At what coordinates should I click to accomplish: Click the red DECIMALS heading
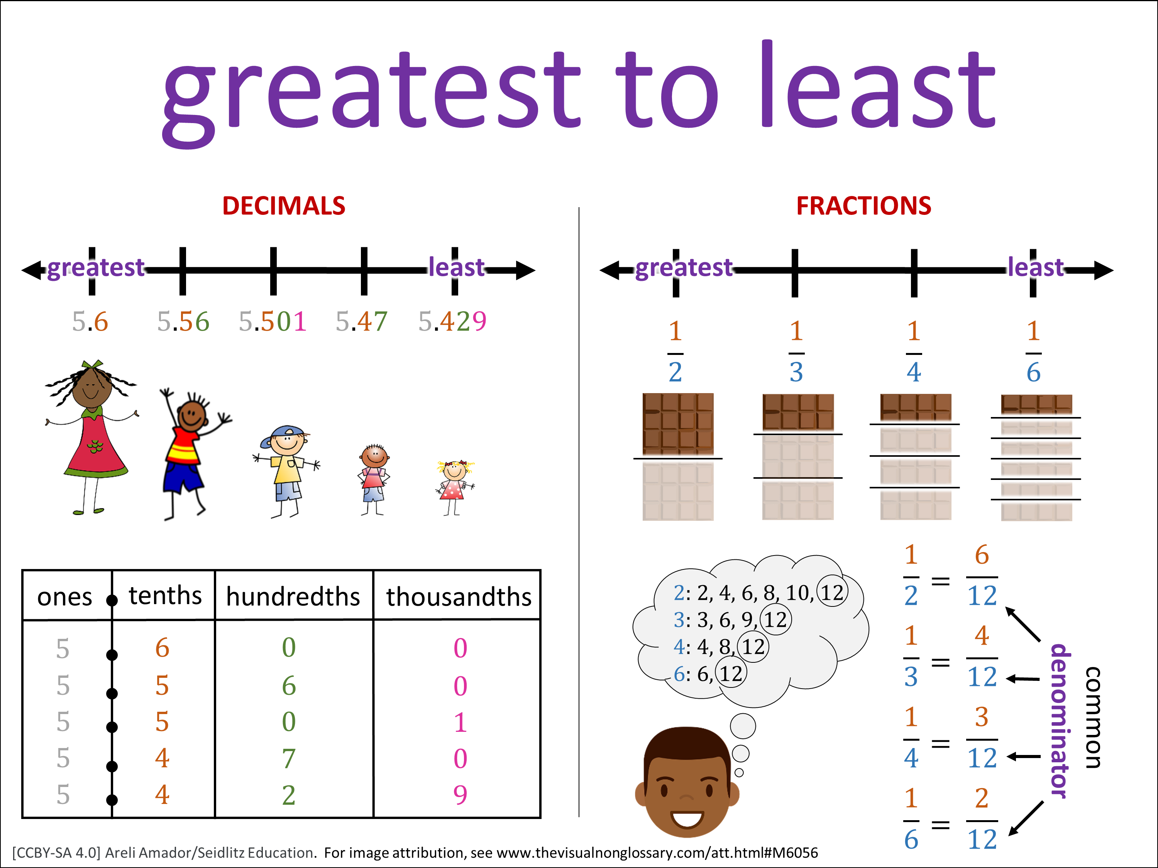[284, 206]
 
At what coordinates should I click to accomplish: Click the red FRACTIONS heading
[864, 206]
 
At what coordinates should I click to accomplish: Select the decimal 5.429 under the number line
[452, 321]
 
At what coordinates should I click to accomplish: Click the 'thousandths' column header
[459, 596]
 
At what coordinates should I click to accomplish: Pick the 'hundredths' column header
[293, 596]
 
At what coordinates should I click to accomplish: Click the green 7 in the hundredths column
[288, 758]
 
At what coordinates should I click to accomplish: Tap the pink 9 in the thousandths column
[460, 795]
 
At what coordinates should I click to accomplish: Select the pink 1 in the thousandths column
[460, 722]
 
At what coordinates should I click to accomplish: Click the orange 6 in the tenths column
[162, 648]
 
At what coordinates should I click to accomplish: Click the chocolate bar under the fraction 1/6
[1036, 458]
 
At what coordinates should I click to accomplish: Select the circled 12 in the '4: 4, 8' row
[753, 647]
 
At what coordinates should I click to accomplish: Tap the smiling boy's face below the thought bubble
[686, 782]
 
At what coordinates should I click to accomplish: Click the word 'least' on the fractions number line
[1036, 267]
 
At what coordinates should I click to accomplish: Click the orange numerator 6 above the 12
[982, 555]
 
